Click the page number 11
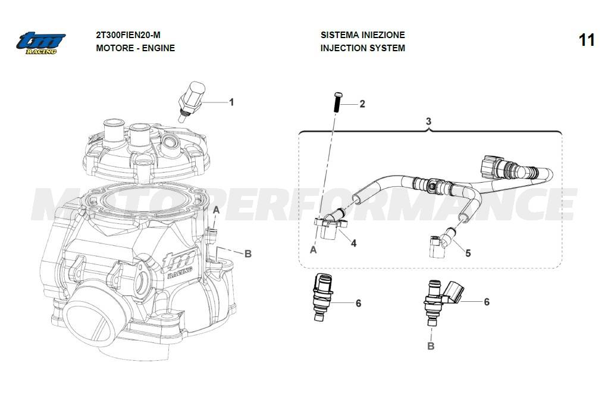[586, 40]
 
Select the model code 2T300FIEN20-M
[128, 35]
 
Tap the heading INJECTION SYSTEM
[362, 48]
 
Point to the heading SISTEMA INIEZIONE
[362, 35]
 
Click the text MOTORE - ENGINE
[135, 48]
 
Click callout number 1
[231, 102]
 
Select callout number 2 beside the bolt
[362, 104]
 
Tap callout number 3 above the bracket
[428, 121]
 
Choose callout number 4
[353, 243]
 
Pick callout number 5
[468, 253]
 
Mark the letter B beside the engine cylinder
[248, 254]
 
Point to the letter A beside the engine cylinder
[217, 210]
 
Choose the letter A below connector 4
[314, 250]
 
